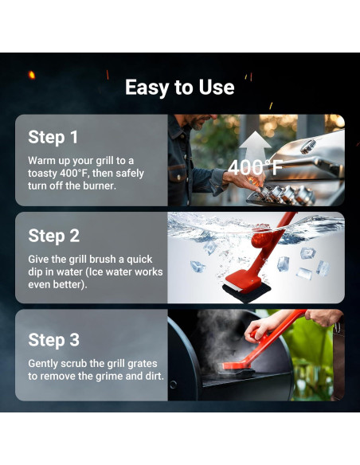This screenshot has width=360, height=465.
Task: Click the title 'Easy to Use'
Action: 180,88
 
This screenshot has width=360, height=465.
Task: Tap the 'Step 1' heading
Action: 53,137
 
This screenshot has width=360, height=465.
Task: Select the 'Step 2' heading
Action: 53,236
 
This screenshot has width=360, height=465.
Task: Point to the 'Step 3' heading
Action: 53,340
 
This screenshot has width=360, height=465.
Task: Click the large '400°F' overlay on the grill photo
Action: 256,167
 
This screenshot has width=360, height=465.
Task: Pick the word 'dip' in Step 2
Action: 35,272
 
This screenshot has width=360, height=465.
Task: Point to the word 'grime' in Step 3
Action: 109,377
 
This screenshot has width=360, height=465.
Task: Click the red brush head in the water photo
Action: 243,280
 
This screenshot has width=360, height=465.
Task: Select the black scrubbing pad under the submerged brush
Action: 246,293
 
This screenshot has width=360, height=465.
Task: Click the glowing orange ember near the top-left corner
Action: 31,75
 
